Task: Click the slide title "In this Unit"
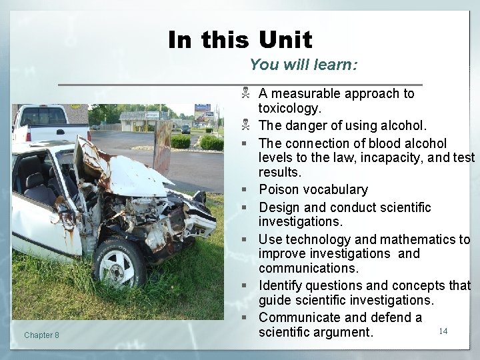click(x=240, y=40)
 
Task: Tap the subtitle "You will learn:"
click(x=304, y=65)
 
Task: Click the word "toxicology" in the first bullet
click(x=289, y=108)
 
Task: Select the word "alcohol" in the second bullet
click(x=403, y=125)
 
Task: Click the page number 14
click(x=443, y=331)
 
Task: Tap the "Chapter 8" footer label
click(x=41, y=335)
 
